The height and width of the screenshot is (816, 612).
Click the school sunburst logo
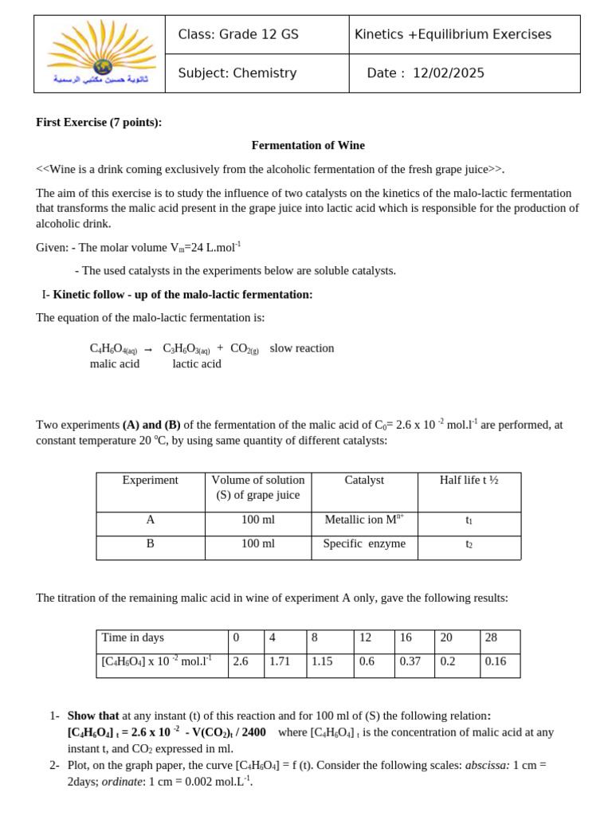[x=101, y=49]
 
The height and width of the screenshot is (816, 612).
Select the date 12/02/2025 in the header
[x=448, y=73]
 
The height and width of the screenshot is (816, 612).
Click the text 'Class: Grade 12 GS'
[x=238, y=34]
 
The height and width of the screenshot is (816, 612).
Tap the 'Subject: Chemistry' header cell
[x=237, y=73]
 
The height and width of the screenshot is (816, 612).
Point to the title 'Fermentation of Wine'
[x=308, y=145]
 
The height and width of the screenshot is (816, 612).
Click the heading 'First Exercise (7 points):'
[x=99, y=122]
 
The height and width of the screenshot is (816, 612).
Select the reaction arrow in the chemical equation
[x=148, y=349]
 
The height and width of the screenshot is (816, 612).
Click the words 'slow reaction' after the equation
[x=302, y=348]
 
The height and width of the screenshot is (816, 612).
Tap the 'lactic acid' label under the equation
[x=197, y=364]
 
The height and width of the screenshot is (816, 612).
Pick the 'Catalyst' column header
[x=364, y=480]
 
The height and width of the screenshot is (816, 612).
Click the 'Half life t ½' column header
[x=469, y=480]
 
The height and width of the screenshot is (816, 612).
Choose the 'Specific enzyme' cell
[x=364, y=543]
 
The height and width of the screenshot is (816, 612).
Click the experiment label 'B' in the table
[x=150, y=543]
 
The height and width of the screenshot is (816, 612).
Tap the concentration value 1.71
[x=280, y=661]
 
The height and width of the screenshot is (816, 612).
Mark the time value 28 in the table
[x=491, y=637]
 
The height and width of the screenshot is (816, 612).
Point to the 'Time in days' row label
[x=133, y=637]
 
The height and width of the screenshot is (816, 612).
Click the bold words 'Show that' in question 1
[x=92, y=716]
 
